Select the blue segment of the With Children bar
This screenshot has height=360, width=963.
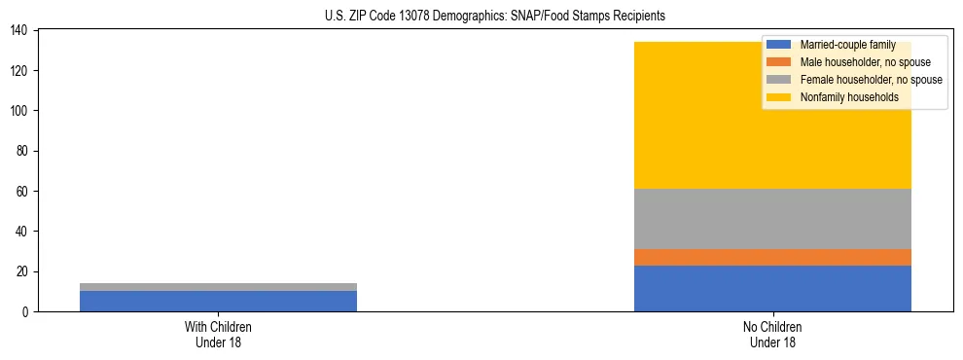(218, 301)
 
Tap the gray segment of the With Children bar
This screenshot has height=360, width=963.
(218, 287)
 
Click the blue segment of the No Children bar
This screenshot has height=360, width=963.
(772, 288)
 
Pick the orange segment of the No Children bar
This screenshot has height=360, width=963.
(772, 257)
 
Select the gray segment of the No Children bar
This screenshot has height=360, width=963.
(772, 219)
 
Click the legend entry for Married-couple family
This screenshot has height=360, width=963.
(847, 45)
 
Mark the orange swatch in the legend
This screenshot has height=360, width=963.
(779, 62)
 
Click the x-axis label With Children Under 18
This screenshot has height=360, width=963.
(218, 334)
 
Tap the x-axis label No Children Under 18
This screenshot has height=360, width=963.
(772, 334)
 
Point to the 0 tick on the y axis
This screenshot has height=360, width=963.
(25, 311)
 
